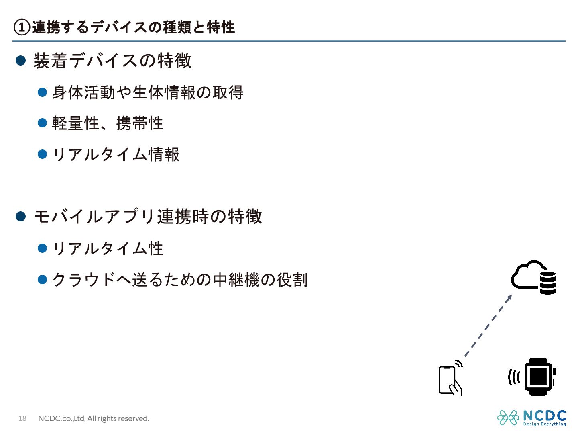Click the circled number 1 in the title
tap(22, 27)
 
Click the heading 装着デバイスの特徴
tap(112, 61)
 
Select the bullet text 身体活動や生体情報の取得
tap(148, 92)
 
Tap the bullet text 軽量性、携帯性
tap(108, 123)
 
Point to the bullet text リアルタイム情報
tap(116, 154)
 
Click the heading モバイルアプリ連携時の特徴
tap(148, 217)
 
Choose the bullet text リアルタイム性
tap(108, 248)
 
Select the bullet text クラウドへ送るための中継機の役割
tap(180, 279)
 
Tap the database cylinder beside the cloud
tap(547, 283)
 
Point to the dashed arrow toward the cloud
tap(488, 325)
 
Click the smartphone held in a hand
tap(449, 379)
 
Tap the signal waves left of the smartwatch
tap(514, 377)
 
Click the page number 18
tap(22, 418)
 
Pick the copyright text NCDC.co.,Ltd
tap(93, 418)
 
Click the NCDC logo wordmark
tap(544, 416)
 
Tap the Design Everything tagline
tap(544, 424)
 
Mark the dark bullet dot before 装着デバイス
tap(20, 61)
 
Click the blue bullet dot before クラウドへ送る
tap(42, 279)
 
